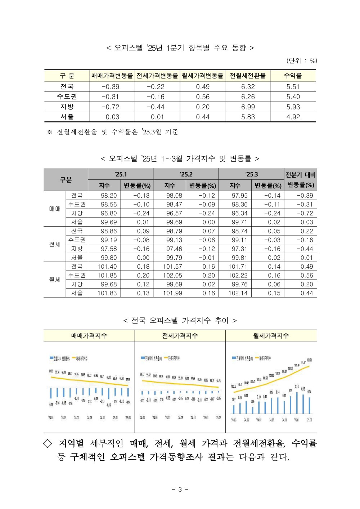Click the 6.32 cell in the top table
[248, 87]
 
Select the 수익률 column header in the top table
[293, 76]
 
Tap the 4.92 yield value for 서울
[293, 117]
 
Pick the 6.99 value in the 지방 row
[248, 107]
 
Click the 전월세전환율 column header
[248, 76]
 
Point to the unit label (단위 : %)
[302, 61]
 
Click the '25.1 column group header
[121, 174]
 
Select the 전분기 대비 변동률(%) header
[300, 180]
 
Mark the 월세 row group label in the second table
[55, 280]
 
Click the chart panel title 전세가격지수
[180, 336]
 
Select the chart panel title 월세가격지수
[271, 336]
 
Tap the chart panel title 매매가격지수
[89, 336]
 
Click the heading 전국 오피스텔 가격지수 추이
[180, 320]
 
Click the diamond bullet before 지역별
[48, 443]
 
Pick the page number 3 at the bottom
[180, 489]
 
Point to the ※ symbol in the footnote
[50, 132]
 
